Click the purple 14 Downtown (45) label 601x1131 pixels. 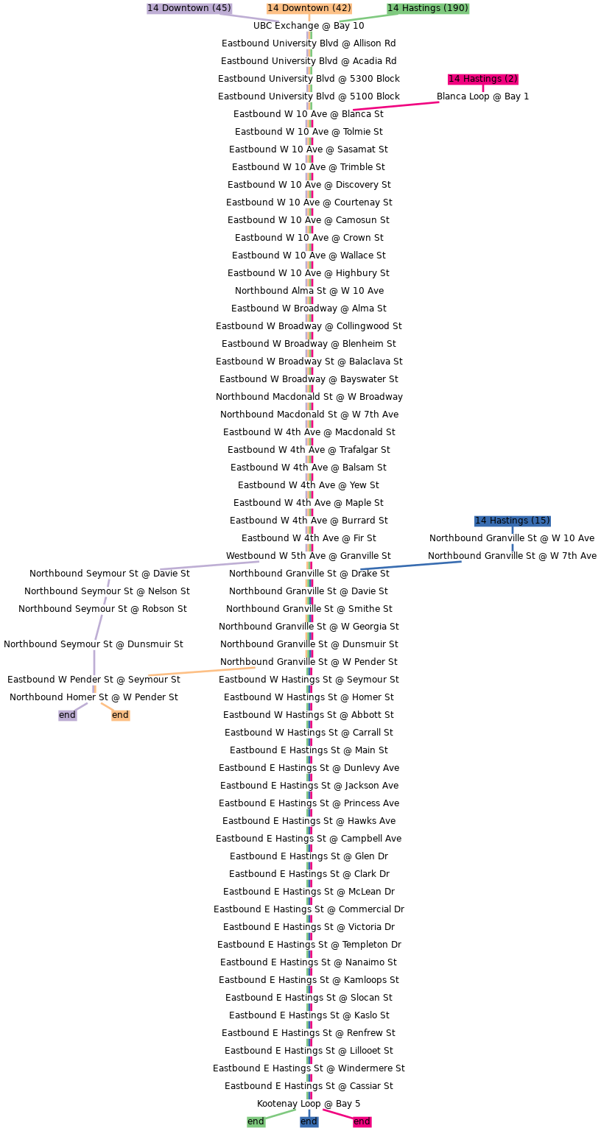pos(189,8)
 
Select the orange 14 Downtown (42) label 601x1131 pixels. pos(309,8)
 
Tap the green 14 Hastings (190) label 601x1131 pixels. pos(428,8)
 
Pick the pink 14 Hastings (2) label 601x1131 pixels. pos(483,79)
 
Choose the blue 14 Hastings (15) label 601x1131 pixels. pos(512,521)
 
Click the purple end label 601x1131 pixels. pos(67,715)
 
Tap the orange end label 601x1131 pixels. pos(120,715)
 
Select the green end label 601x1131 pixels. pos(256,1121)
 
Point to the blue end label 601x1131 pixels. pos(309,1121)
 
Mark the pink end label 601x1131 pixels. pos(362,1121)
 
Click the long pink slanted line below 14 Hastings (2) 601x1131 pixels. pos(396,106)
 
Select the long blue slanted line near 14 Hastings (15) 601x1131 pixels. pos(411,565)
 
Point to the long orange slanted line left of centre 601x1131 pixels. pos(202,672)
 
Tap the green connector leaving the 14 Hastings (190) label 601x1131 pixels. pos(365,18)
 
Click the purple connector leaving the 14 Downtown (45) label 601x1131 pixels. pos(250,18)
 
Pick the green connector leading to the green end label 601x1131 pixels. pos(281,1114)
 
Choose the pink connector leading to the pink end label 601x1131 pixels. pos(337,1114)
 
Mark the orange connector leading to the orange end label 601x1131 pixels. pos(107,706)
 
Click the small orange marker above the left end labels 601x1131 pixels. pos(94,689)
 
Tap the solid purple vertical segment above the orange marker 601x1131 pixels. pos(94,662)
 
